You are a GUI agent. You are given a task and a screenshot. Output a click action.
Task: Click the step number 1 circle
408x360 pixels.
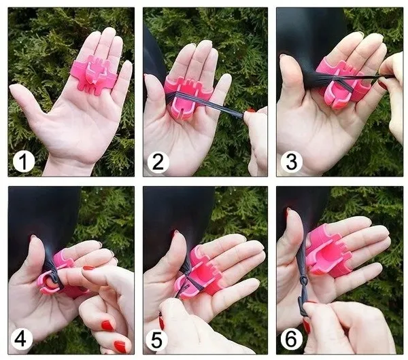coord(24,162)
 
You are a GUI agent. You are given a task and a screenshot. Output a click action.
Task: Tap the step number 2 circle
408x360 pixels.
coord(158,162)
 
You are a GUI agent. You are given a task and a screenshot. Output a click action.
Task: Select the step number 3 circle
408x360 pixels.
coord(292,162)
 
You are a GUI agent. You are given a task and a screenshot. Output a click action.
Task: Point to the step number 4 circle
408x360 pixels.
coord(22,340)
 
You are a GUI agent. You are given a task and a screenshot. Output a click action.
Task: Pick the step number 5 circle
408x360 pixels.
coord(156,340)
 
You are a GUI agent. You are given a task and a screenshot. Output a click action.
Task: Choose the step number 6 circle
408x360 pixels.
coord(292,340)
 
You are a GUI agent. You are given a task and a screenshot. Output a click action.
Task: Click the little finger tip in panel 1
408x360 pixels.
coord(128,64)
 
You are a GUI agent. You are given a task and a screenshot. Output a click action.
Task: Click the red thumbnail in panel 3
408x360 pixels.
coord(381,85)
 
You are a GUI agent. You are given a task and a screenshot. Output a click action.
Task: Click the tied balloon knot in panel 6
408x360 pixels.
coord(303,281)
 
